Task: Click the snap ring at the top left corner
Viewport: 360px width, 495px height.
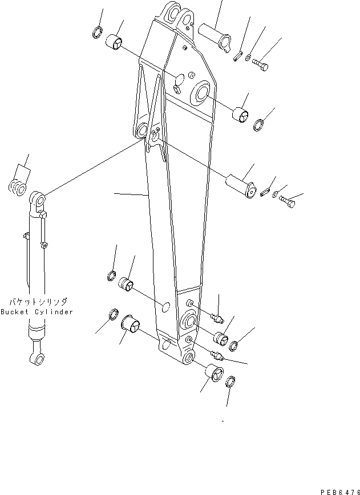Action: pyautogui.click(x=98, y=32)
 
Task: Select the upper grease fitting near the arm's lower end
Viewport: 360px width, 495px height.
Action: pyautogui.click(x=217, y=315)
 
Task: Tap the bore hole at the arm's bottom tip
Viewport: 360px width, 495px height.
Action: pyautogui.click(x=189, y=359)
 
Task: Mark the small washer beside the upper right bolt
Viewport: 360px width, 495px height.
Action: pyautogui.click(x=246, y=56)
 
